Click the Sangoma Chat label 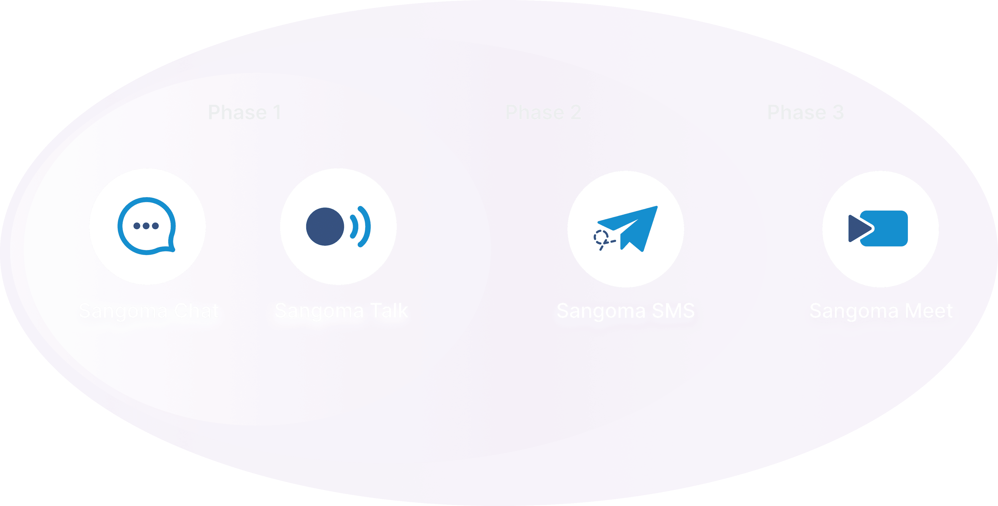point(149,311)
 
